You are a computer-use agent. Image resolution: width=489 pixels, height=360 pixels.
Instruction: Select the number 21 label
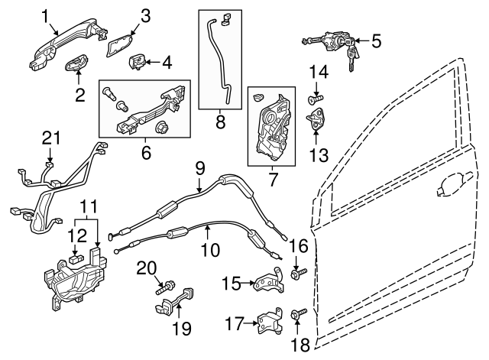(50, 138)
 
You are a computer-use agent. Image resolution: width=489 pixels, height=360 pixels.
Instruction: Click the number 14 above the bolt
(319, 73)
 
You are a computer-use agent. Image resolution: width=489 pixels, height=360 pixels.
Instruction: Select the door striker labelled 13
(317, 119)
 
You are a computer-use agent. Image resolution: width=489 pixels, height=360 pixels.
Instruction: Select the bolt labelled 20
(163, 289)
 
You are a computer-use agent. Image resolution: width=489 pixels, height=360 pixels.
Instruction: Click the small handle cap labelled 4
(139, 61)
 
